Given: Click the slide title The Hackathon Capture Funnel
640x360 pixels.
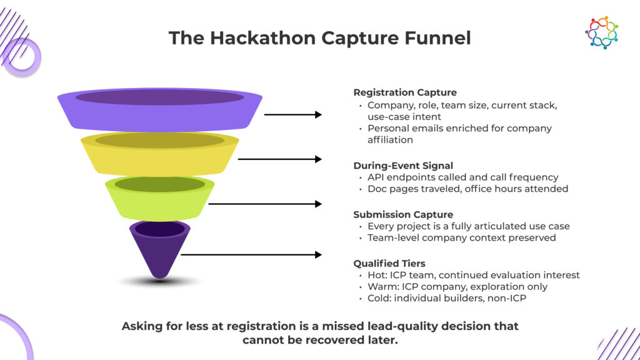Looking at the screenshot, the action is [x=319, y=38].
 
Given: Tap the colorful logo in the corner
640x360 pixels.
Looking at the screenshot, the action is [x=601, y=32].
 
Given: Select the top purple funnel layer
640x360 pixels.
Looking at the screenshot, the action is [x=159, y=109].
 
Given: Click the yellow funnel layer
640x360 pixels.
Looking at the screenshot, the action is [x=159, y=154].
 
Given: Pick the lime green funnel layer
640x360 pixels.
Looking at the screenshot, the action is [x=159, y=198].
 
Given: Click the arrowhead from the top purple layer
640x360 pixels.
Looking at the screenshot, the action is [x=318, y=115].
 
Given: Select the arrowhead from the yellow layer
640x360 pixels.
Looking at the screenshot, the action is [x=318, y=159].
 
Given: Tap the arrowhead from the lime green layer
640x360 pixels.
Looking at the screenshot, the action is [x=318, y=204].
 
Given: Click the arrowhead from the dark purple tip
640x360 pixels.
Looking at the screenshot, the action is [x=318, y=255].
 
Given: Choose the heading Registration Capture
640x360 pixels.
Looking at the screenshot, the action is [x=405, y=92].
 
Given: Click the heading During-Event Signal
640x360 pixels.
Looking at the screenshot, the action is [x=403, y=166].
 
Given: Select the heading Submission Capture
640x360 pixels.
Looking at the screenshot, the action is [x=403, y=215].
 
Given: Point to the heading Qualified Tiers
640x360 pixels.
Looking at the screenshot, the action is [x=389, y=264].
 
